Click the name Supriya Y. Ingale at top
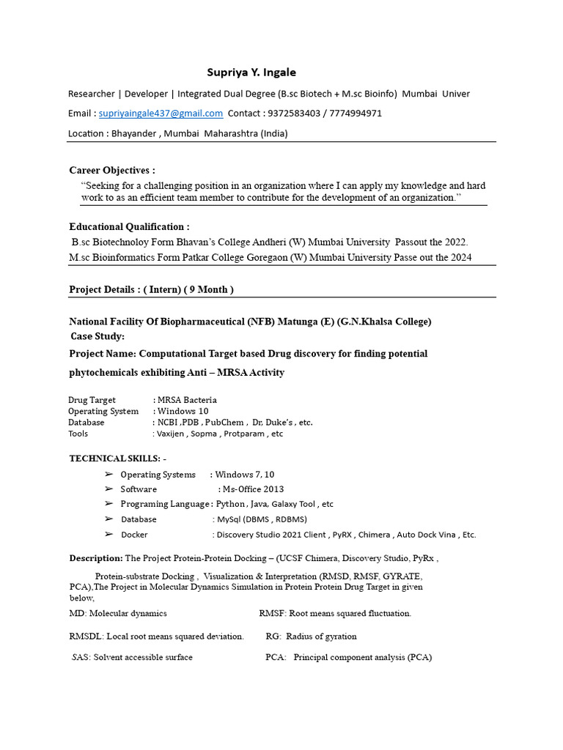[251, 73]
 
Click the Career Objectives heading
[111, 171]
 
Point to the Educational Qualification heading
[129, 227]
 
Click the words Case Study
[97, 336]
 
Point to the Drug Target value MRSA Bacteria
[187, 401]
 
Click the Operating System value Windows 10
[183, 412]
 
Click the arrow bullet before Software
[108, 489]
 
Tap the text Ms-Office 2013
[253, 489]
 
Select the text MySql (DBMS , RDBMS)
[260, 519]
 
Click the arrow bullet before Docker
[108, 535]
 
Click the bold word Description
[96, 558]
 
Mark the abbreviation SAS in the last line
[81, 658]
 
